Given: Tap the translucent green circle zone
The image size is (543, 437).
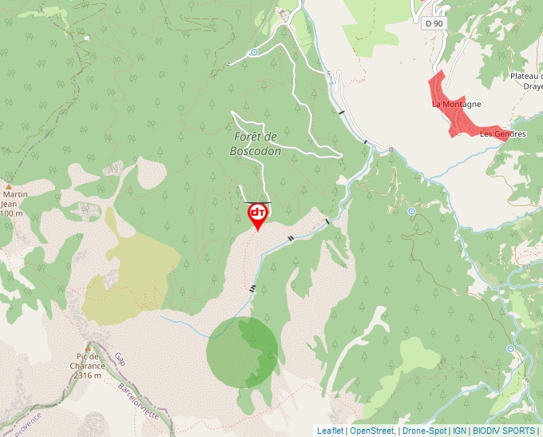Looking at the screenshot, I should (242, 352).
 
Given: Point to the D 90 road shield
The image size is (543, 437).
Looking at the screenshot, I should (434, 23).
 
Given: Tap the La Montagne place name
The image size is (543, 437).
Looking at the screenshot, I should (456, 104).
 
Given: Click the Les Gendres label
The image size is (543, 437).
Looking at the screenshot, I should (502, 134).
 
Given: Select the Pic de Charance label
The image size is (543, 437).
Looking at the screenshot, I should (88, 361).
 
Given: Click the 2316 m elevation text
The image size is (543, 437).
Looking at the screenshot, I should (88, 375).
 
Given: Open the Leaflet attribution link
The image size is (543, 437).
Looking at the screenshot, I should (330, 431).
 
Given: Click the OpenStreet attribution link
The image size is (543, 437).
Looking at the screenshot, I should (372, 431).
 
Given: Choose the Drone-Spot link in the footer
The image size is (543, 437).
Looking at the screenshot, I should (425, 431).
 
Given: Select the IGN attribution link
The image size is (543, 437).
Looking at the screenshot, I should (460, 431).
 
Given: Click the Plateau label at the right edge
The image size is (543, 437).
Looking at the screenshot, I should (526, 77).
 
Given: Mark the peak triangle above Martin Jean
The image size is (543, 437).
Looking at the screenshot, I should (8, 186).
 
